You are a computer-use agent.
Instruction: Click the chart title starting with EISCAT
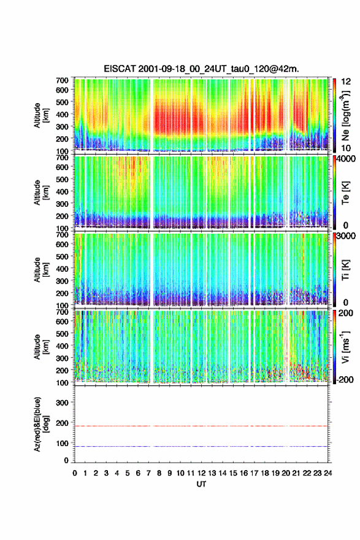[201, 69]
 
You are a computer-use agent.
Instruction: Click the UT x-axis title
[201, 484]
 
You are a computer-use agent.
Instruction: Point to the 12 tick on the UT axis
[201, 473]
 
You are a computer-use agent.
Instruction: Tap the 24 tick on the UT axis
[327, 473]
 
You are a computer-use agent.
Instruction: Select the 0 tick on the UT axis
[75, 473]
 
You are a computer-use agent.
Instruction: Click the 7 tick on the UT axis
[148, 473]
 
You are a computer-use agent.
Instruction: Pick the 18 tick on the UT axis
[265, 473]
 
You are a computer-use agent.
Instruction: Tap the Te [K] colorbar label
[345, 193]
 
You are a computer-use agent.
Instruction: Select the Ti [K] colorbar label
[345, 270]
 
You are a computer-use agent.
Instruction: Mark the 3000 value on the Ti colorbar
[345, 236]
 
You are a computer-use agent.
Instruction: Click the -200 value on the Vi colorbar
[343, 379]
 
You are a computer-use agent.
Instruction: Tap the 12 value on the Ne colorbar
[346, 81]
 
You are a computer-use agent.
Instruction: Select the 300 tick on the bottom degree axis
[63, 403]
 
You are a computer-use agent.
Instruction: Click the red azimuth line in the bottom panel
[201, 426]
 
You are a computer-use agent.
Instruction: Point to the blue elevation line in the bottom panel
[201, 446]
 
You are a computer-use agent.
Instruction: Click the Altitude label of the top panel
[37, 115]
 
